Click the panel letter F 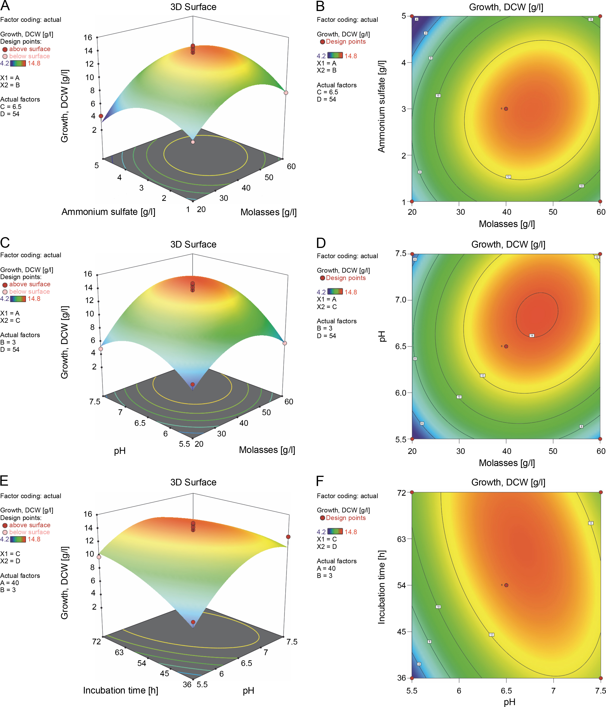(320, 481)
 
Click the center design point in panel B (506, 109)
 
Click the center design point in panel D (506, 346)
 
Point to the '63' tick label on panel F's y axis (401, 539)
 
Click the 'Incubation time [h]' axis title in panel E (120, 690)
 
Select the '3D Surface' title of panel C (193, 244)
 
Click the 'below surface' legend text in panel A (29, 56)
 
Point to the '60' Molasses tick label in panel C (289, 402)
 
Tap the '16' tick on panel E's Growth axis (88, 514)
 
